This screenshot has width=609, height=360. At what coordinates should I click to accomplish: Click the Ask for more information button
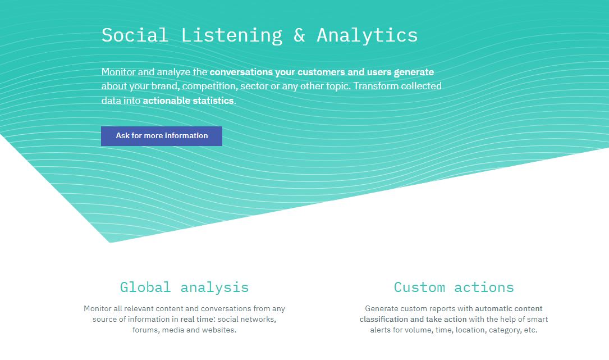coord(162,136)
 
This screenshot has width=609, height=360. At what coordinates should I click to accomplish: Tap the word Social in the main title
coord(135,35)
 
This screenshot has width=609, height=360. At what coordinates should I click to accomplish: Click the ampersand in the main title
coord(300,35)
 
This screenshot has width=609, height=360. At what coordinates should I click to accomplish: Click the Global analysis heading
coord(184,288)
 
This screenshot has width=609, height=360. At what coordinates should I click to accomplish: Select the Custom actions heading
coord(454,288)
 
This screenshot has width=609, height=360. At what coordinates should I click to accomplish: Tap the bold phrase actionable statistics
coord(189,101)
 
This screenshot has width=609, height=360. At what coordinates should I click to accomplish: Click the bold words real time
coord(198,319)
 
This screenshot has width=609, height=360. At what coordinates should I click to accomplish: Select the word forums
coord(146,330)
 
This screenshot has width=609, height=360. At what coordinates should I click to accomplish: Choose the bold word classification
coord(384,319)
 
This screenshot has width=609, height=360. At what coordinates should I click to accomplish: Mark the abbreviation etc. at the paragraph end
coord(531,330)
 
